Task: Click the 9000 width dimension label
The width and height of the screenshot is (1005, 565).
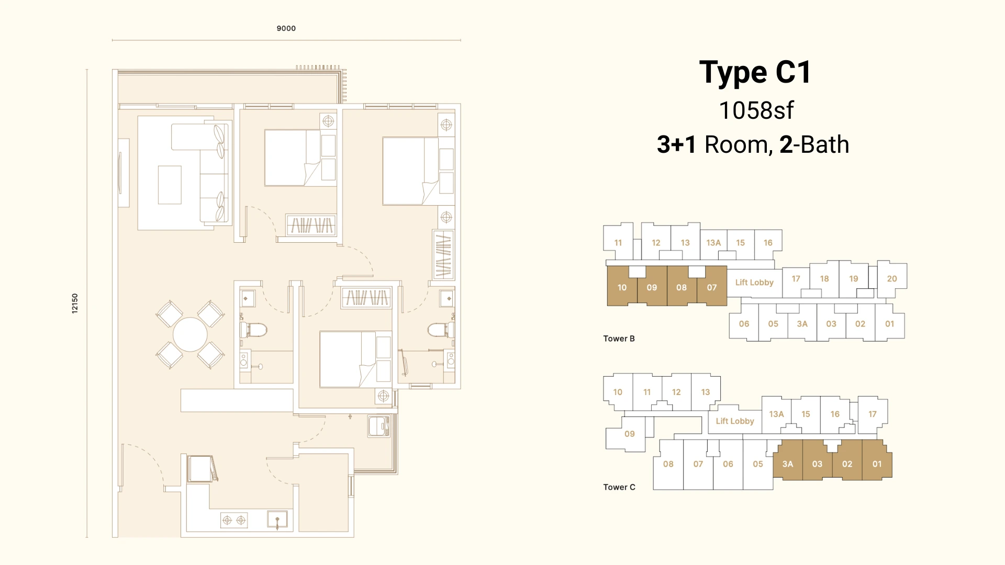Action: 286,28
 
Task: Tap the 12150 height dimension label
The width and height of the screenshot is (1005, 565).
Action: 75,303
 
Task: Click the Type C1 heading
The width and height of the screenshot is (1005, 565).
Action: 755,72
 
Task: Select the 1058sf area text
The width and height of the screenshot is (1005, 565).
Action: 756,110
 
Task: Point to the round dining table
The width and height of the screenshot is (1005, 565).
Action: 190,335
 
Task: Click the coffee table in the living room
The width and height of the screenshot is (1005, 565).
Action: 170,185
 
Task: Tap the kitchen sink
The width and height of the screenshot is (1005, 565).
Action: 277,519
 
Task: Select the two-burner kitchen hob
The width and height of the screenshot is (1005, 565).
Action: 234,520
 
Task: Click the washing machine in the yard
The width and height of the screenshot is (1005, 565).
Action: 378,426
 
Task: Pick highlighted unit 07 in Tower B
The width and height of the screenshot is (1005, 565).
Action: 712,287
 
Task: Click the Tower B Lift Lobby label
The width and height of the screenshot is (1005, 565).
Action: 754,282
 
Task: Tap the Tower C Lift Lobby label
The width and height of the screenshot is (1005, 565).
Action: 735,421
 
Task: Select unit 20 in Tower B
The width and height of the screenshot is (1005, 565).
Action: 892,278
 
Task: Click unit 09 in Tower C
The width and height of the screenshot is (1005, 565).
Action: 630,434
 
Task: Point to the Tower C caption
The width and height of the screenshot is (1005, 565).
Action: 619,487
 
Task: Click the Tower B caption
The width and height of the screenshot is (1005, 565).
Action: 619,338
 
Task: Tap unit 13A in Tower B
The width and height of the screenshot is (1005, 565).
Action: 713,243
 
